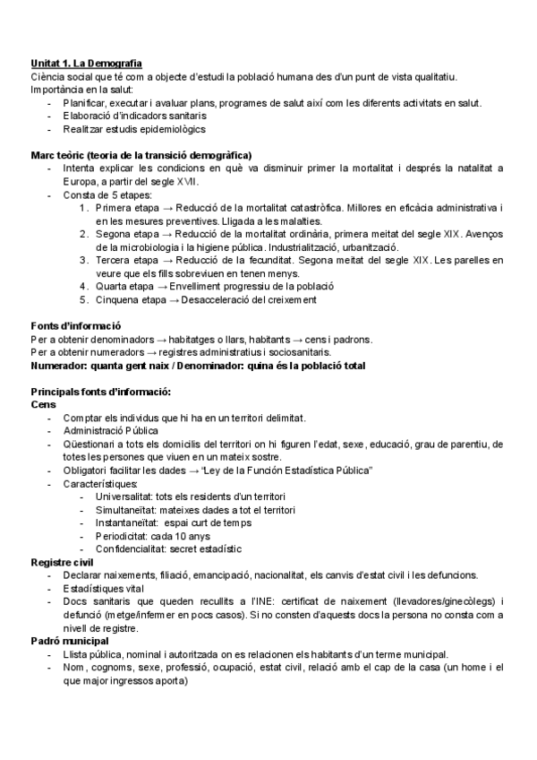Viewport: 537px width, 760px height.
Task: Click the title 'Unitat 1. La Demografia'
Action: tap(86, 64)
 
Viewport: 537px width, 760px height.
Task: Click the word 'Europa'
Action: tap(81, 181)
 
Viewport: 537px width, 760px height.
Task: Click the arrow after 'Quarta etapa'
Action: tap(173, 286)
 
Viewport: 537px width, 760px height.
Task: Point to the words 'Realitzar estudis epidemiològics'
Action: tap(134, 129)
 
